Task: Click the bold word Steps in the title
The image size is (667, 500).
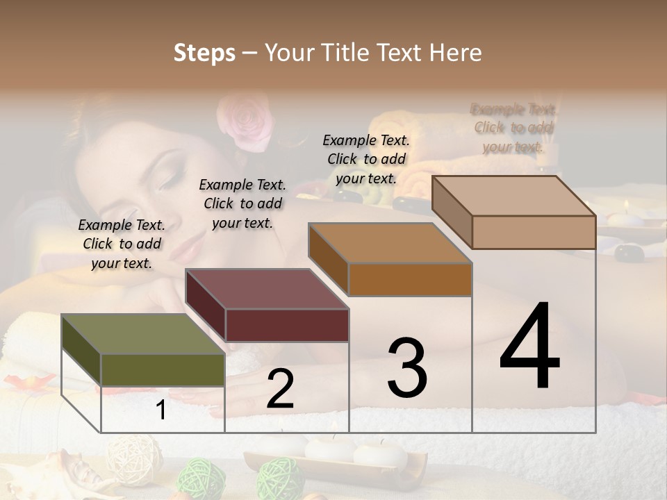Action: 204,53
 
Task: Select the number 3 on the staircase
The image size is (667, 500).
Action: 407,368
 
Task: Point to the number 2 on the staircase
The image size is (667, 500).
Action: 280,390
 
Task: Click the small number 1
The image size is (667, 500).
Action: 161,410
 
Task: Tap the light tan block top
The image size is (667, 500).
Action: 514,196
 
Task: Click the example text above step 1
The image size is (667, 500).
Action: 122,244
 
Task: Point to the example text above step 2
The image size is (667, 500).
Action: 242,203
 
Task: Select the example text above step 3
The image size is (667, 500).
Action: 366,159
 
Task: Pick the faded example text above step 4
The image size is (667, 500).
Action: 514,128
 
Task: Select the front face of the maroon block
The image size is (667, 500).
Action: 287,325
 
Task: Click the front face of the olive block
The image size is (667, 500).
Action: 163,370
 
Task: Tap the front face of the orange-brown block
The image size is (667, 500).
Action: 410,279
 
